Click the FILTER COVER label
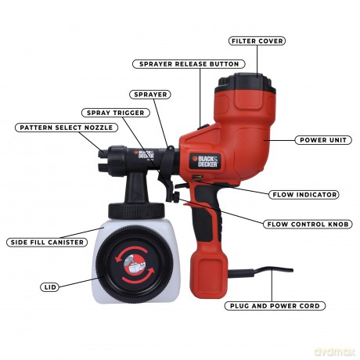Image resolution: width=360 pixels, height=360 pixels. (257, 41)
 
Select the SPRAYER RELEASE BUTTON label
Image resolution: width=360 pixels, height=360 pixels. (189, 64)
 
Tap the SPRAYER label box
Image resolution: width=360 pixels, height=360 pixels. (150, 95)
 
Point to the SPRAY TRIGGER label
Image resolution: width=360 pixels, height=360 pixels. (116, 113)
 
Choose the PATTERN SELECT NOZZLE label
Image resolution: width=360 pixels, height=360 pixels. (67, 128)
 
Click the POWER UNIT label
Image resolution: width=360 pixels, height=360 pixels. (323, 140)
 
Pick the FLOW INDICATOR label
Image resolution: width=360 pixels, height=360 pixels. (304, 195)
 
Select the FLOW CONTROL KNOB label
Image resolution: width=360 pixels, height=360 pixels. (308, 224)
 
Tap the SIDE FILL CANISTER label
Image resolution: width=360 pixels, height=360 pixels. (47, 242)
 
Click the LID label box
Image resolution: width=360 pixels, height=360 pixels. (49, 287)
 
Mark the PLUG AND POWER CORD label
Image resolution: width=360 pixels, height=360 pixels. (275, 306)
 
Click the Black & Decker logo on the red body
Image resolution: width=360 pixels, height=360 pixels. (205, 161)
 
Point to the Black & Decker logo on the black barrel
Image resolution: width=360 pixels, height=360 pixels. (144, 154)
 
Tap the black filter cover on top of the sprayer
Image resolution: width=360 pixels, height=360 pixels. (245, 80)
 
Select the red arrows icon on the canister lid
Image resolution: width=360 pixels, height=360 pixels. (135, 265)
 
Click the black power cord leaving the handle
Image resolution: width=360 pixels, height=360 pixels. (261, 272)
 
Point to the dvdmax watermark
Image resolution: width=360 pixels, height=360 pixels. (335, 352)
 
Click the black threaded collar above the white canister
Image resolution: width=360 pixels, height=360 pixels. (136, 211)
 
